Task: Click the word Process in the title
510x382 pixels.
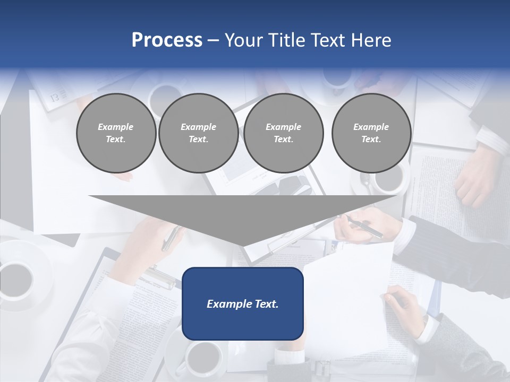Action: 167,40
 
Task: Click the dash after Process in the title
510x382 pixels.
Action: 213,40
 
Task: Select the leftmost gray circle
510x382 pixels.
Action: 116,133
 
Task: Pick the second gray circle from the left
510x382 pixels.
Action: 198,133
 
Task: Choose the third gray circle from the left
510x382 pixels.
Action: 283,133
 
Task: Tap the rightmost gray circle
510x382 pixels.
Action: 371,133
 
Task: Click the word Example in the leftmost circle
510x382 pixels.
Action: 116,127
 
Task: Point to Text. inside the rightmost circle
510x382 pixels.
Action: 371,140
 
